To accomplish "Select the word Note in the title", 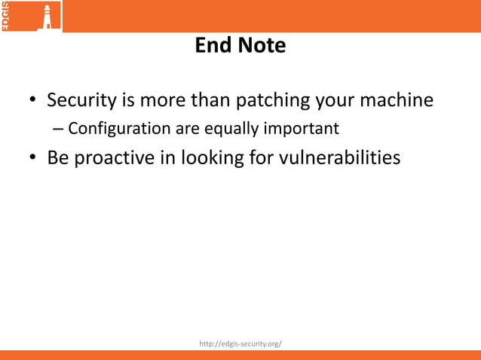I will coord(264,46).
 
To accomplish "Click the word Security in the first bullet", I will coord(81,100).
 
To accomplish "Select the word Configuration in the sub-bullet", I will coord(120,129).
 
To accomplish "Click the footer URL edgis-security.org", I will coord(240,343).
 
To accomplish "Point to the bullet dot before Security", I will coord(32,102).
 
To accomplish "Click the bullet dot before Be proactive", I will coord(32,160).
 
